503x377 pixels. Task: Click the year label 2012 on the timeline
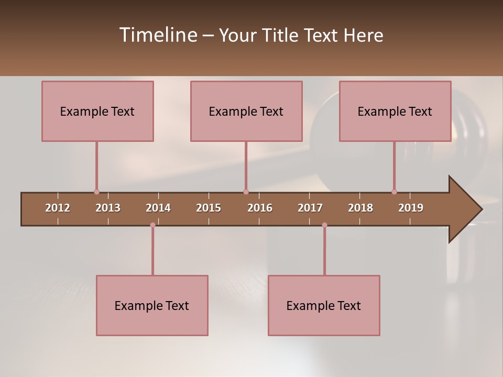click(58, 208)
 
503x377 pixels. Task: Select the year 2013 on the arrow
click(108, 208)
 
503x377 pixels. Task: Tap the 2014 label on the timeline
click(158, 208)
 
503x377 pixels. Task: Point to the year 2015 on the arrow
click(209, 208)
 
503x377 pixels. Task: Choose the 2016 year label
click(260, 208)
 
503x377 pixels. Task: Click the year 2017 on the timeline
click(310, 208)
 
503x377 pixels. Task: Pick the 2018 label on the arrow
click(360, 208)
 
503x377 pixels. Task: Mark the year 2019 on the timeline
click(411, 208)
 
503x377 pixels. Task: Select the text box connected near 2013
click(97, 111)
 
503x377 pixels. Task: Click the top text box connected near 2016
click(246, 111)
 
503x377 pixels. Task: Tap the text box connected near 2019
click(395, 111)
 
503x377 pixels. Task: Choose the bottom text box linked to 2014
click(152, 305)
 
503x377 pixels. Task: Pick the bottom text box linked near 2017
click(324, 305)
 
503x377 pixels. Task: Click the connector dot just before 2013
click(96, 192)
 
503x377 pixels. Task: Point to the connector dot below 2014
click(152, 225)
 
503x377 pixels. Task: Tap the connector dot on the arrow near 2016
click(246, 192)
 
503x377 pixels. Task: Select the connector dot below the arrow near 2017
click(324, 225)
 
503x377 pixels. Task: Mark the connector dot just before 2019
click(394, 192)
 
